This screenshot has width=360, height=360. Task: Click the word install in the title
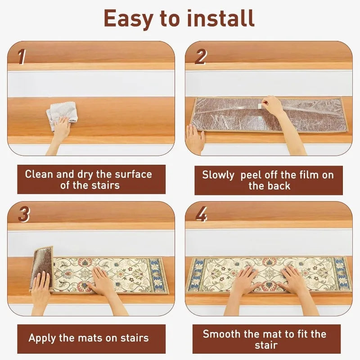[220, 18]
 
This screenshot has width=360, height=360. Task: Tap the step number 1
[22, 57]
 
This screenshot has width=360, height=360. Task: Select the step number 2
[201, 57]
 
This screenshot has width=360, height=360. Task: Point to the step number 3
[24, 214]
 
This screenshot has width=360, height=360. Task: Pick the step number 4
[201, 214]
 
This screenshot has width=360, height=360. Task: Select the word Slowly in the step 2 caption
[218, 175]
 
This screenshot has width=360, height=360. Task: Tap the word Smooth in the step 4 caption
[222, 334]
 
